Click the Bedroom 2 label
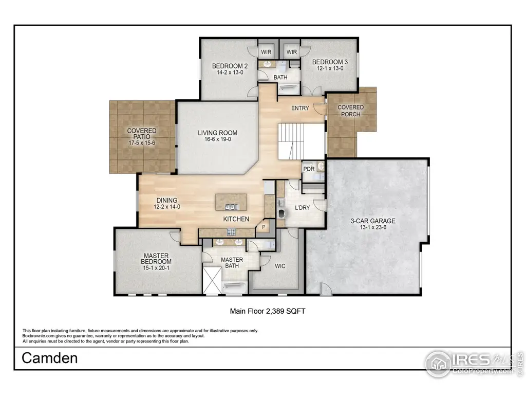coord(230,66)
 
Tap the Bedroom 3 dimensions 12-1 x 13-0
coord(330,68)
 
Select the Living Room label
coord(217,133)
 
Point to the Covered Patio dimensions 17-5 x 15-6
coord(142,143)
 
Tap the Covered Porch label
coord(350,111)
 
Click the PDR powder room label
coord(309,169)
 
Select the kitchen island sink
coord(232,207)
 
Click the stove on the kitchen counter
coord(232,231)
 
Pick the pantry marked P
coord(264,227)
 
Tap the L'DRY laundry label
coord(302,208)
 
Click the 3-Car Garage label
coord(373,221)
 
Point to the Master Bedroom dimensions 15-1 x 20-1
coord(156,268)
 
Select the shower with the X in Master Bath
coord(212,280)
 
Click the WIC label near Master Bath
coord(280,266)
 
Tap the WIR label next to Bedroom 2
coord(267,52)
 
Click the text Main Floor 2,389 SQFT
coord(268,311)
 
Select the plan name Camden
coord(50,358)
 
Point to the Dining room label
coord(167,201)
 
